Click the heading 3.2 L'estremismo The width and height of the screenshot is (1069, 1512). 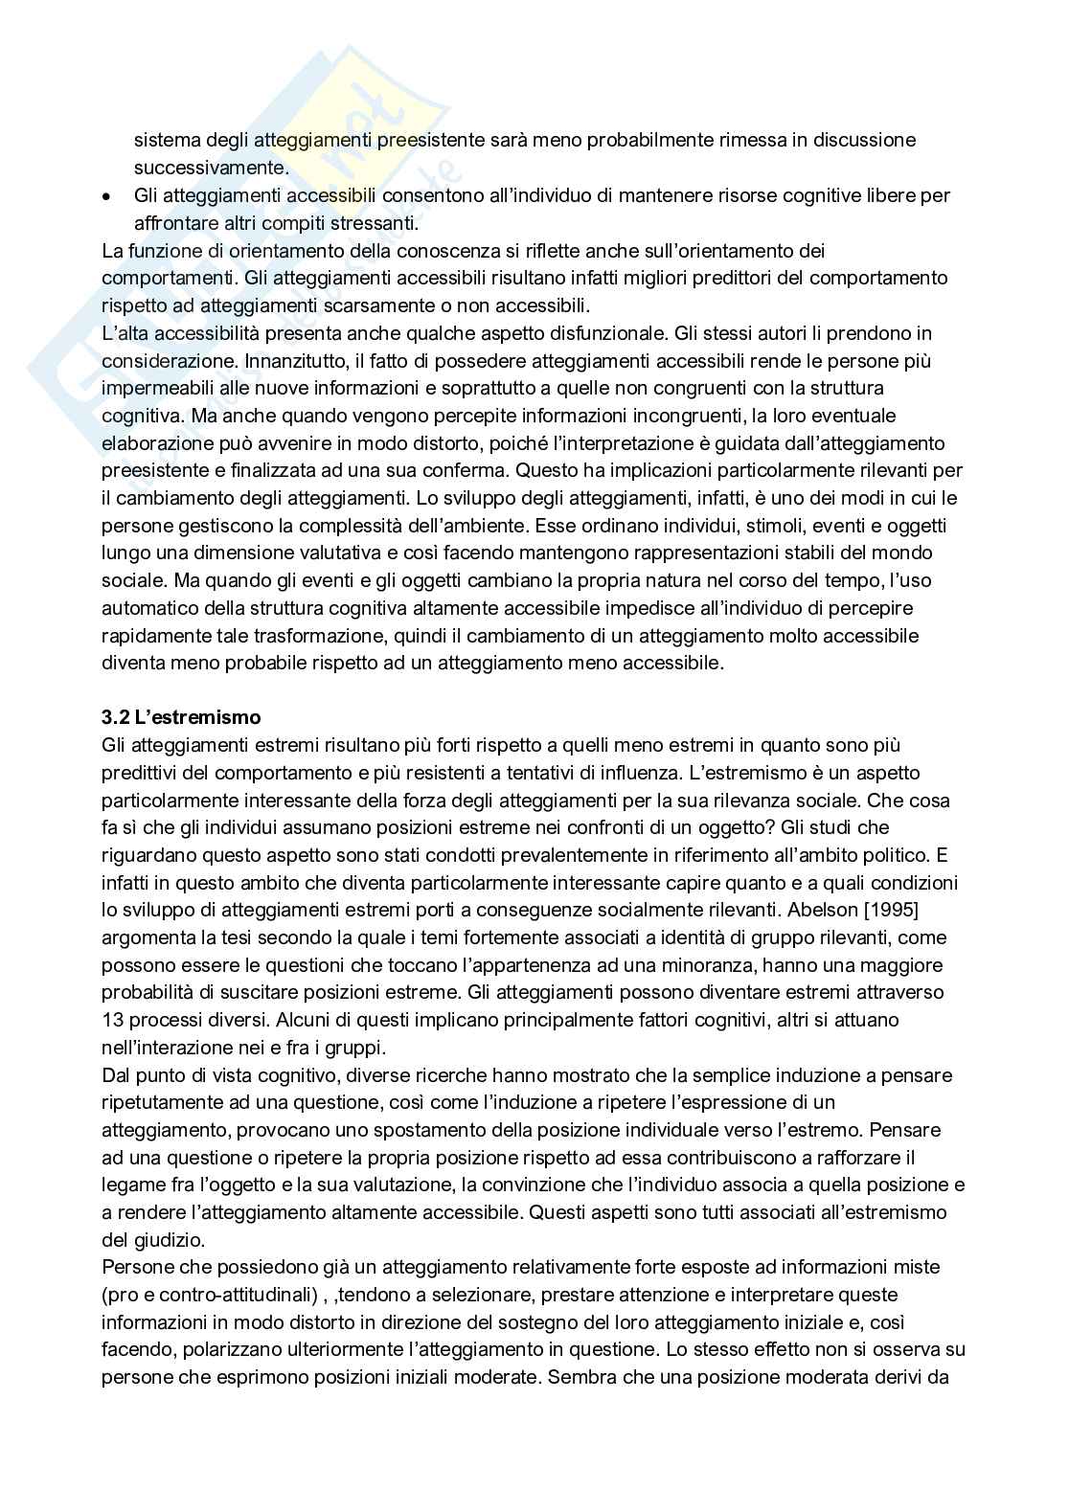pyautogui.click(x=181, y=717)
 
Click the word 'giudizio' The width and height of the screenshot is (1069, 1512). pyautogui.click(x=164, y=1240)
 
